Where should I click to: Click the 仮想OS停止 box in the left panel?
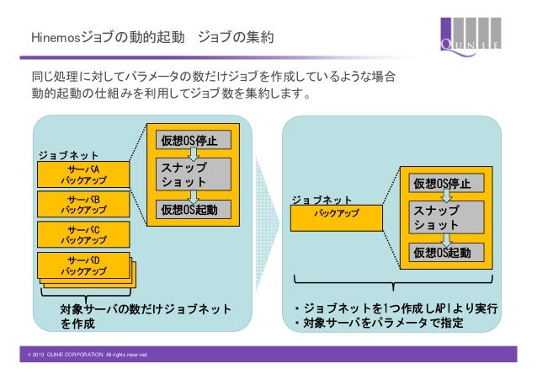(x=189, y=141)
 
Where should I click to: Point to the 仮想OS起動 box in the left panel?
(x=189, y=210)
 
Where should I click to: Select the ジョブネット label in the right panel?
(x=322, y=200)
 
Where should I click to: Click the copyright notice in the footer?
(x=85, y=356)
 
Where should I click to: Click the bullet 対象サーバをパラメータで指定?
(x=378, y=324)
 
